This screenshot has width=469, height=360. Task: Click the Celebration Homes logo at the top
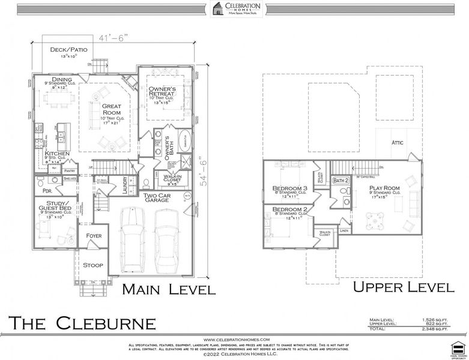pyautogui.click(x=234, y=8)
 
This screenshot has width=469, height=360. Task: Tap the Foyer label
pyautogui.click(x=94, y=236)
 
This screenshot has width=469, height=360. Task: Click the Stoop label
pyautogui.click(x=92, y=265)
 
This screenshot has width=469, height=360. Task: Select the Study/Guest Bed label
pyautogui.click(x=54, y=207)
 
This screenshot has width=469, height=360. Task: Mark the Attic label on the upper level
pyautogui.click(x=398, y=143)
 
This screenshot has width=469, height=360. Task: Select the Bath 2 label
pyautogui.click(x=340, y=180)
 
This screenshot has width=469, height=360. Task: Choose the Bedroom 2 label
pyautogui.click(x=289, y=210)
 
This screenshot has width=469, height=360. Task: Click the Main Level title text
pyautogui.click(x=169, y=290)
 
